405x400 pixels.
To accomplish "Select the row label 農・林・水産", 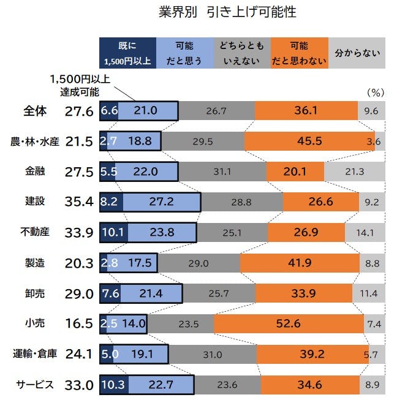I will click(x=34, y=141).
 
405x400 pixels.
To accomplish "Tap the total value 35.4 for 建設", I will click(x=78, y=202).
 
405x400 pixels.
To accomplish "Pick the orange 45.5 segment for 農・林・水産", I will click(x=309, y=141).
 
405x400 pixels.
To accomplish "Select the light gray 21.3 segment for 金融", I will click(x=355, y=172).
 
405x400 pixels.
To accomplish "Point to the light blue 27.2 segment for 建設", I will click(x=162, y=202).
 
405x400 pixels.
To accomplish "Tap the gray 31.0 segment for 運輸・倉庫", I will click(x=212, y=354).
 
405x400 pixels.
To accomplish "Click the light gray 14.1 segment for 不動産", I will click(x=365, y=232).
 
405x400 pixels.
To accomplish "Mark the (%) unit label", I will click(x=374, y=92).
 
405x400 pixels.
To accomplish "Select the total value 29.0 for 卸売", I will click(x=78, y=293).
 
